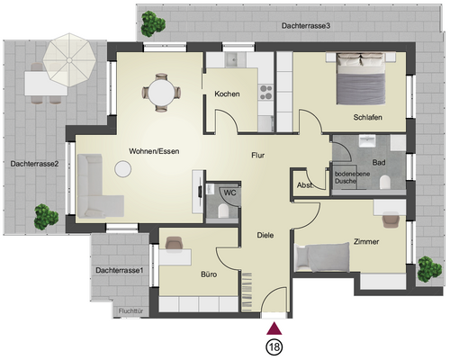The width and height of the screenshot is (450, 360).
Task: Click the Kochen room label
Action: [x=227, y=94]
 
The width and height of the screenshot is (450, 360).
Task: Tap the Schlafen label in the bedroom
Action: [x=367, y=117]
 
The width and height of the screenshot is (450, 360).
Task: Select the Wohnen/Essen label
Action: [x=154, y=151]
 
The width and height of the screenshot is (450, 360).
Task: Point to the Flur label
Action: [x=258, y=155]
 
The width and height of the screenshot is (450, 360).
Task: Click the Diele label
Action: [x=265, y=235]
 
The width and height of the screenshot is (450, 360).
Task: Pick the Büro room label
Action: [x=209, y=274]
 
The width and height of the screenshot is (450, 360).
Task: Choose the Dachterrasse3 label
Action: [x=306, y=26]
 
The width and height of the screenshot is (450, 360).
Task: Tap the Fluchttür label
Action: [x=130, y=311]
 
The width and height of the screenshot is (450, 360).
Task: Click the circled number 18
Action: [x=274, y=347]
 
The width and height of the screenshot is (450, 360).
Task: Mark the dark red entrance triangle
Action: [x=274, y=329]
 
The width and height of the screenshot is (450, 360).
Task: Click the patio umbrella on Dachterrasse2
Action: [x=69, y=60]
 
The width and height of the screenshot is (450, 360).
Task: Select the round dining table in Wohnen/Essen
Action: [x=161, y=93]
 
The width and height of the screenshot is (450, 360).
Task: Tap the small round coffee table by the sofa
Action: [x=122, y=169]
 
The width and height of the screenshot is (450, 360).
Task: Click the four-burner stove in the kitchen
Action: [x=266, y=93]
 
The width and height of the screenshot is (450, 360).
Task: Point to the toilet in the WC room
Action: [x=223, y=211]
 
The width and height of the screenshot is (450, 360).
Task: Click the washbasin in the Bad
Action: [x=367, y=141]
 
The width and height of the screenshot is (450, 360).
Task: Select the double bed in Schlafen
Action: [x=360, y=78]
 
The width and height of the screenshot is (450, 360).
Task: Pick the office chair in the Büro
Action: [x=174, y=243]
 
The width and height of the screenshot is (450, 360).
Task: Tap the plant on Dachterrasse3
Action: [x=153, y=24]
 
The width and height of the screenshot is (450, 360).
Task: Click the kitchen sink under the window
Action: [x=232, y=59]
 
